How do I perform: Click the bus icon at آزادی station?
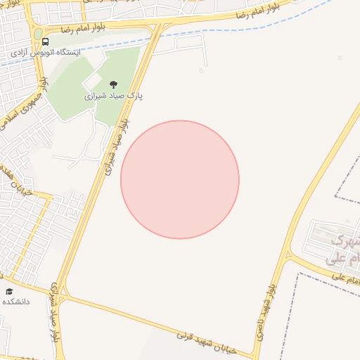pyautogui.click(x=46, y=41)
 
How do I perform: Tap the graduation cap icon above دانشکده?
pyautogui.click(x=9, y=291)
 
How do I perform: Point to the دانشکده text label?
pyautogui.click(x=15, y=302)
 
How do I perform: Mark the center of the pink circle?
pyautogui.click(x=180, y=179)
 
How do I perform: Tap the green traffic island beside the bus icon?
pyautogui.click(x=37, y=34)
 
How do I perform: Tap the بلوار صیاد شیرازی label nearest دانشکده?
pyautogui.click(x=55, y=316)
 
